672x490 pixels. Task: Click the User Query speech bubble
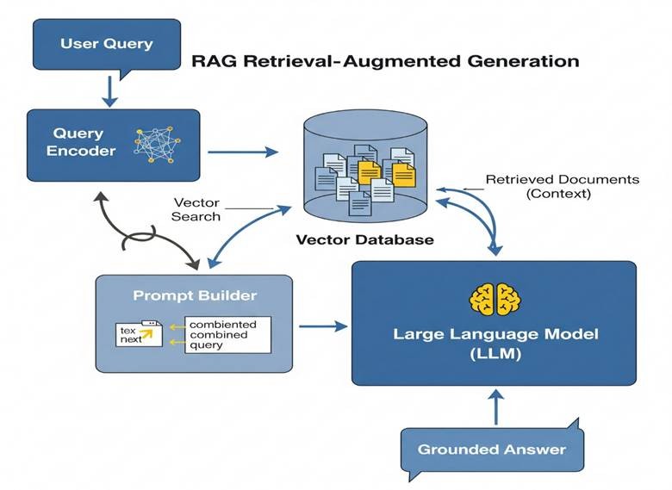pos(106,43)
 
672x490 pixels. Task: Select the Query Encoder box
pos(112,141)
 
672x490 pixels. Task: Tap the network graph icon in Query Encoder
pos(152,143)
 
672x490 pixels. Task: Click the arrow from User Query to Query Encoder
pos(109,89)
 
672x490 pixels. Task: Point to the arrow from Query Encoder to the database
pos(244,152)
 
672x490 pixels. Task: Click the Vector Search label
pos(197,209)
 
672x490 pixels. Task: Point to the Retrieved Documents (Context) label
pos(562,186)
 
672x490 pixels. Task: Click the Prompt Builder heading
pos(195,295)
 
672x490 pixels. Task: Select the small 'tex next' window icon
pos(139,334)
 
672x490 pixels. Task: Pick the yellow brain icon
pos(495,297)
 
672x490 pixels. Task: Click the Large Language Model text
pos(495,333)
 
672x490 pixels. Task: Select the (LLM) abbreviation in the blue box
pos(495,353)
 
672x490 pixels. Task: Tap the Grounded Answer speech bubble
pos(491,448)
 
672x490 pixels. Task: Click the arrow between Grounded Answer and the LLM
pos(496,406)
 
